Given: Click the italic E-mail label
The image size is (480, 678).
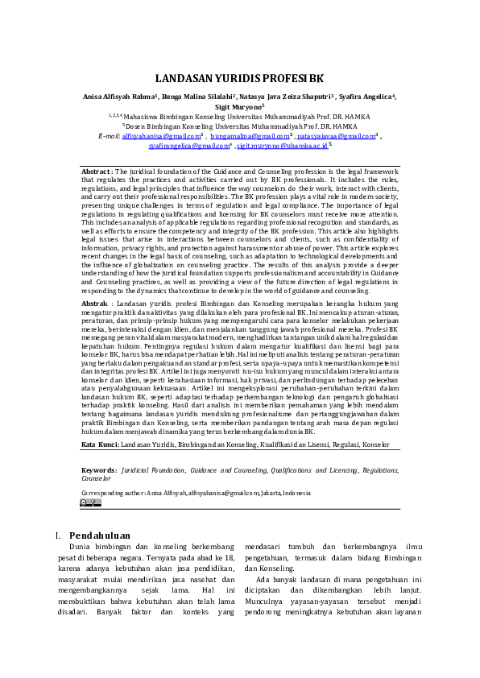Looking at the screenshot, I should coord(109,136).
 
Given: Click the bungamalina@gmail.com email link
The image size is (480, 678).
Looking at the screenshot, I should coord(250,136).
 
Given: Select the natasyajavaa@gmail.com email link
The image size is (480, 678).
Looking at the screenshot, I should coord(338,136).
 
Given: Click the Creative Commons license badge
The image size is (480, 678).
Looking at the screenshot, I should coord(89,502).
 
